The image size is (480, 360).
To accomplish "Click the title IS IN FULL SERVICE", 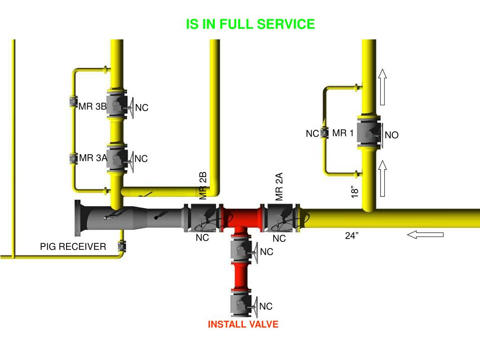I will (x=250, y=24).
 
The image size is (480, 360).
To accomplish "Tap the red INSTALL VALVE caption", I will (x=243, y=324).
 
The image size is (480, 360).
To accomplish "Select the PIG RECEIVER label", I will (x=73, y=247).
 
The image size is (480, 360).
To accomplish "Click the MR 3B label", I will (x=93, y=106).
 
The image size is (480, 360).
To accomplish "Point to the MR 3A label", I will (x=93, y=158).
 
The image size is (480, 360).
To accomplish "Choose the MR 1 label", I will (x=343, y=134).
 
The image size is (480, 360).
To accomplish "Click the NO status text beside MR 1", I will (x=391, y=135).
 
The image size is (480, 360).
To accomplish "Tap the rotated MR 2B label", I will (x=203, y=186).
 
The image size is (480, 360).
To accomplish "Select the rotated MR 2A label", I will (x=280, y=187).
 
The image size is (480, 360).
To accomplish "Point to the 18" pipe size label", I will (x=356, y=192).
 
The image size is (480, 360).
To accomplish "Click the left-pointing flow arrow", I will (x=425, y=234).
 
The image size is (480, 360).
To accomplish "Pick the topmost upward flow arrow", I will (x=383, y=87).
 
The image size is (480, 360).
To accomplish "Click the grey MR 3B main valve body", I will (x=115, y=106).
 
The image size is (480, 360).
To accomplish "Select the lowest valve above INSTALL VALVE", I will (x=241, y=306).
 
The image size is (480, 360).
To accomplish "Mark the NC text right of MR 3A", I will (x=141, y=159).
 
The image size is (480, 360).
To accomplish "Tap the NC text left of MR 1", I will (x=312, y=134).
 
